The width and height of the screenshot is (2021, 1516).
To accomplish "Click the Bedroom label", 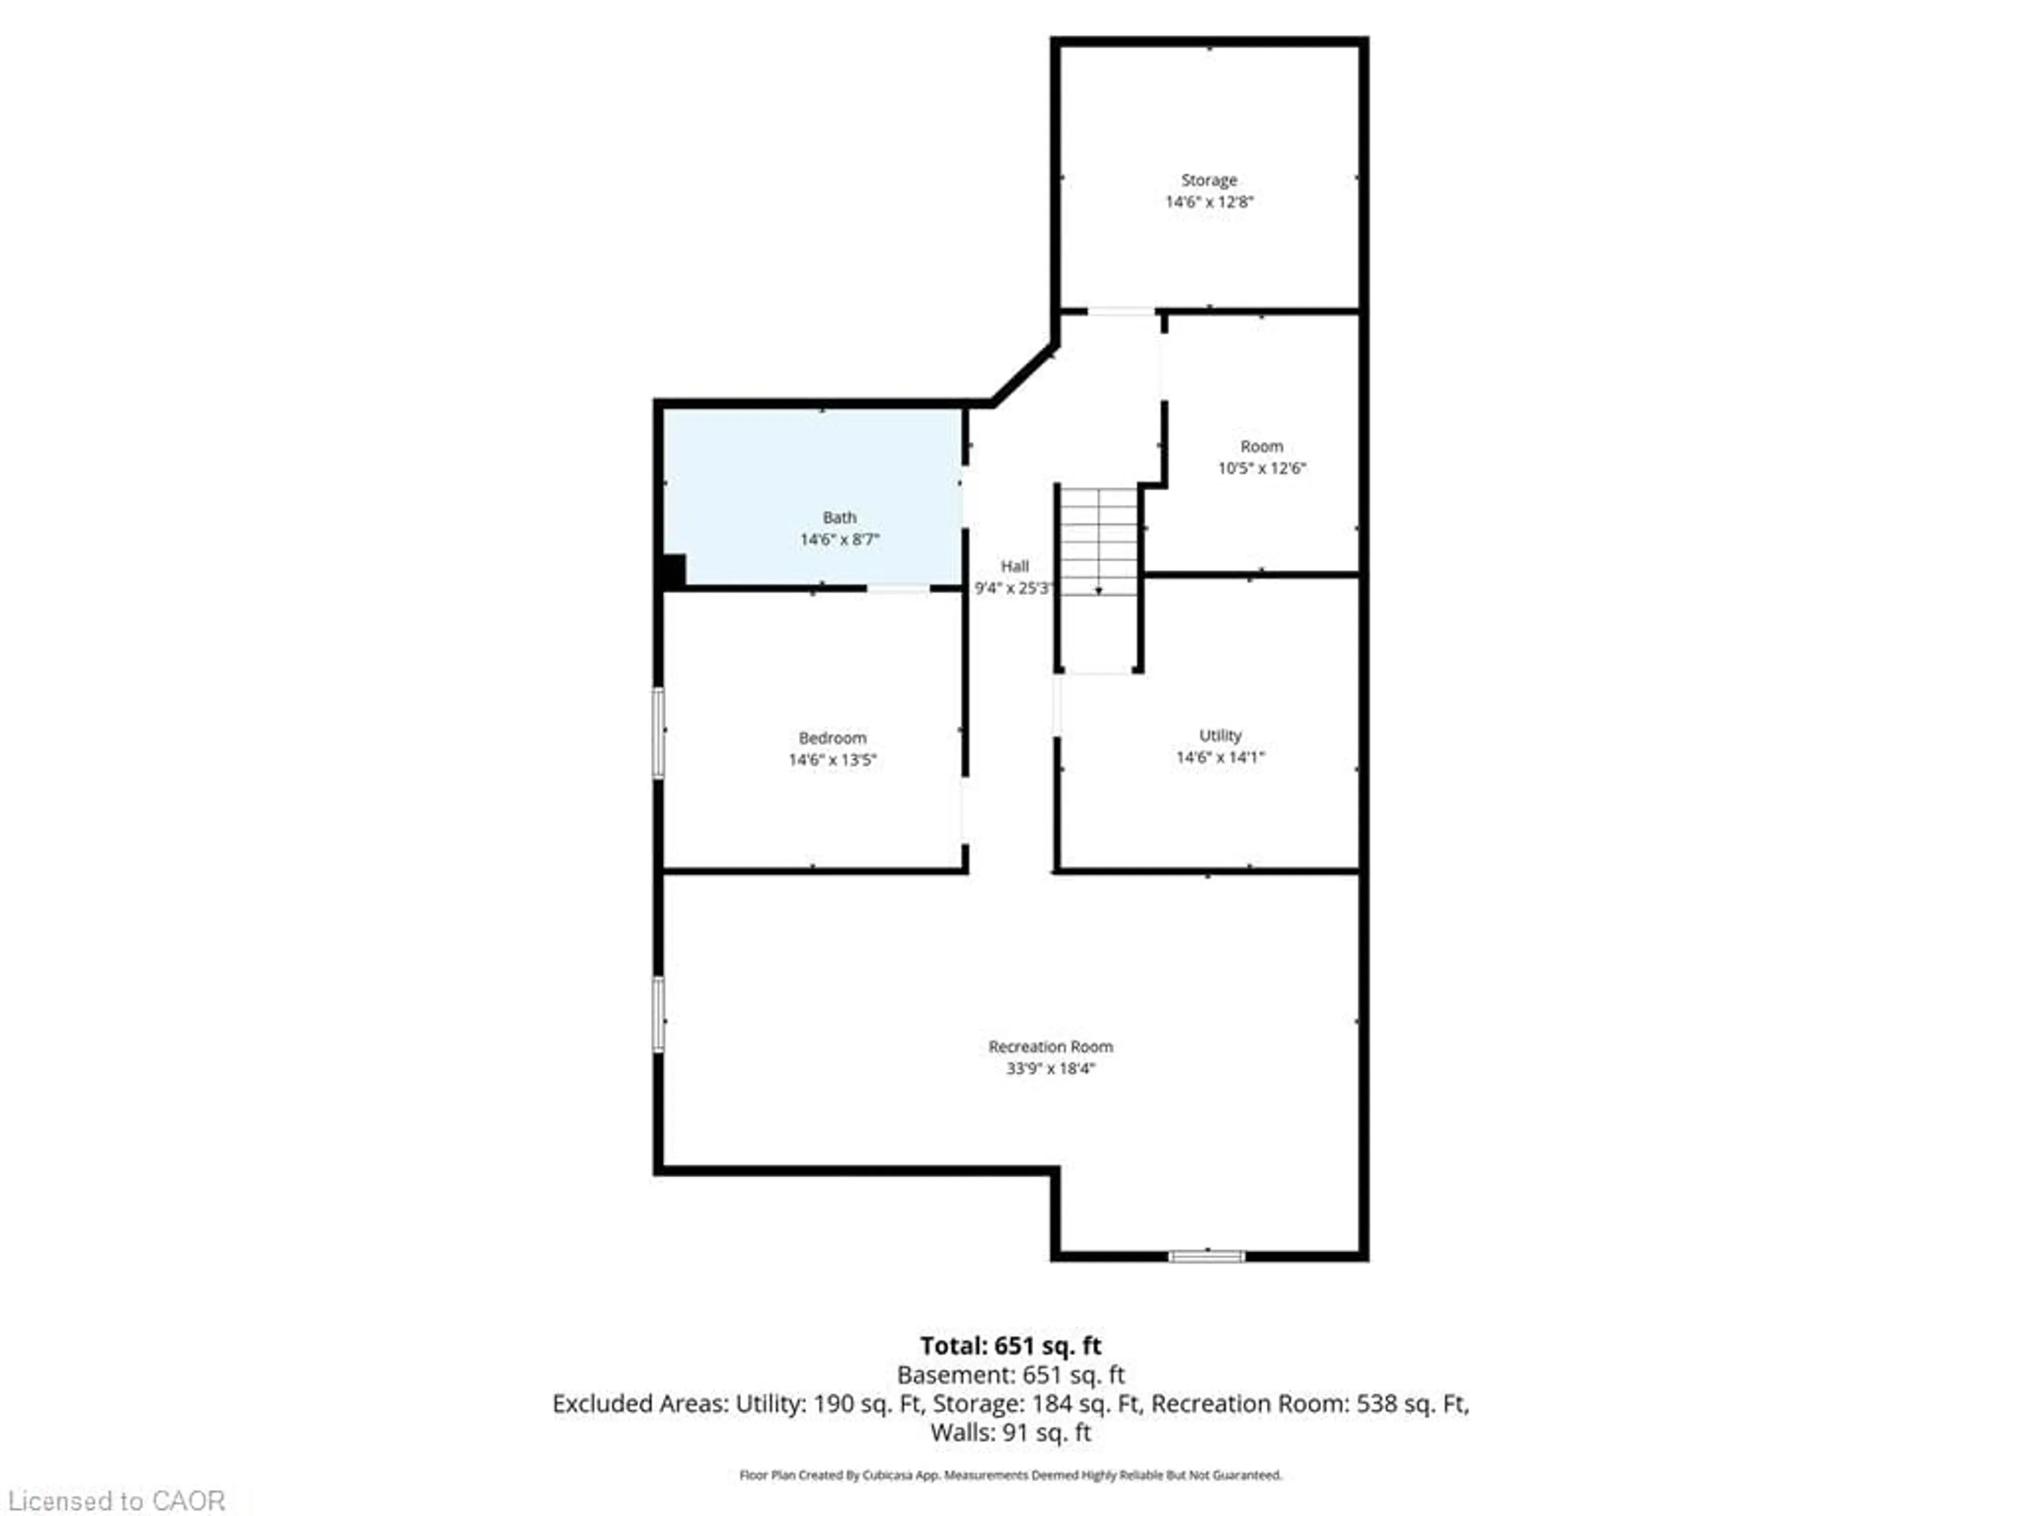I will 832,737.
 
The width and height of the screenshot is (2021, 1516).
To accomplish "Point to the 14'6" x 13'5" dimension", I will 832,760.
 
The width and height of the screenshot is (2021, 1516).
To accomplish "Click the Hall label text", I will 1014,566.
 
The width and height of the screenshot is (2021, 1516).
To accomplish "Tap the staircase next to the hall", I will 1098,548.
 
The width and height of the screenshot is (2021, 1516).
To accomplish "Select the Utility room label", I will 1220,735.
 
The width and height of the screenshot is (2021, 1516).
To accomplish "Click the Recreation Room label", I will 1050,1046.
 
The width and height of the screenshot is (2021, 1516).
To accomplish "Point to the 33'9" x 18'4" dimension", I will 1050,1068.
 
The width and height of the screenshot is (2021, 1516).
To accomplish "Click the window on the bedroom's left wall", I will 658,733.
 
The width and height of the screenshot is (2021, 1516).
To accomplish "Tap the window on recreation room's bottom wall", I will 1206,1256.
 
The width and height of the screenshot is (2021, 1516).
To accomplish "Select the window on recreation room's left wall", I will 658,1014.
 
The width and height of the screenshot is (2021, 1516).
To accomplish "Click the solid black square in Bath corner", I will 673,571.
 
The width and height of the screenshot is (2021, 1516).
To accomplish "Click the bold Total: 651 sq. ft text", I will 1010,1345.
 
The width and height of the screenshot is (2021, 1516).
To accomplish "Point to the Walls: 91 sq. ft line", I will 1010,1432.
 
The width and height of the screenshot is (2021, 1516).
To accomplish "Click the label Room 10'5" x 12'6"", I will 1261,457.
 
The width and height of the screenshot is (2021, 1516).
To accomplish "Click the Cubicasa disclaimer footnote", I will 1010,1475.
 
